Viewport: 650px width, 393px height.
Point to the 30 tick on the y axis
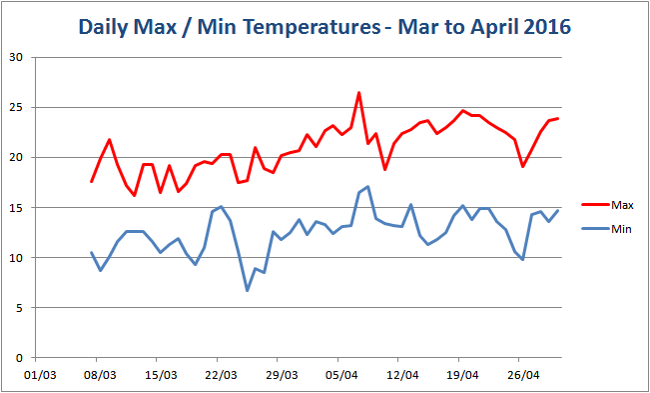pos(16,57)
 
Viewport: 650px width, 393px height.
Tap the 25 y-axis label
pos(16,107)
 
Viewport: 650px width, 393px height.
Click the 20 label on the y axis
pos(16,157)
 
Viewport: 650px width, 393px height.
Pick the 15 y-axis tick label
pos(16,207)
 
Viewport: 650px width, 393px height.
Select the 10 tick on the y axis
pos(16,257)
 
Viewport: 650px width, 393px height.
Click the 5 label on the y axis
pos(19,307)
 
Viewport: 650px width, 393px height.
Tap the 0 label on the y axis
pos(19,357)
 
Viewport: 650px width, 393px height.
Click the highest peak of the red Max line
pos(359,93)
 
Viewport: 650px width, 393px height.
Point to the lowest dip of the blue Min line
pos(247,290)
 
